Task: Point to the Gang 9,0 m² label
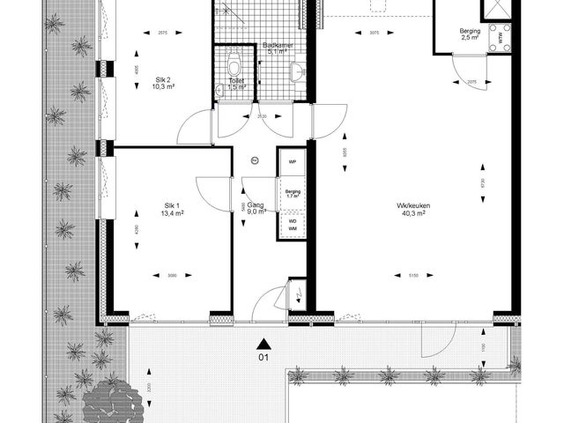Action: tap(256, 208)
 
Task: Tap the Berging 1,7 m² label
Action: tap(293, 193)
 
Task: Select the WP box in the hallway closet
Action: tap(292, 162)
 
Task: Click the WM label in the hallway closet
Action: tap(292, 229)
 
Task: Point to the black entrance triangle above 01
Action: tap(263, 343)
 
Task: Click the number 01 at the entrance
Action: tap(263, 358)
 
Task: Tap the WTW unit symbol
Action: tap(503, 37)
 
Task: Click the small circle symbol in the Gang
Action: tap(255, 160)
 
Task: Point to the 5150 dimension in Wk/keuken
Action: tap(412, 276)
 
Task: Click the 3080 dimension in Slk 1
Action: tap(173, 276)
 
